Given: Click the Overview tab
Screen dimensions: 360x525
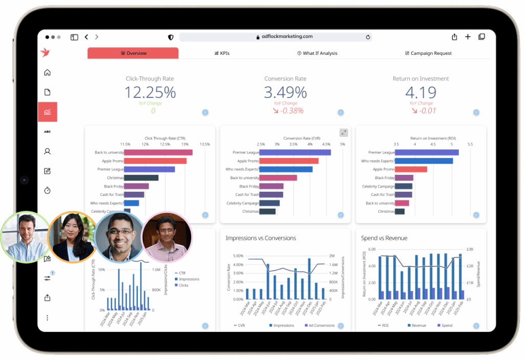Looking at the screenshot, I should coord(133,53).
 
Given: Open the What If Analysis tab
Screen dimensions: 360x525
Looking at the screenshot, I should coord(317,53).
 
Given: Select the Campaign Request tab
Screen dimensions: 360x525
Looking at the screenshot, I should coord(428,53).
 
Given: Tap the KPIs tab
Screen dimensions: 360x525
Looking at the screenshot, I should coord(221,53).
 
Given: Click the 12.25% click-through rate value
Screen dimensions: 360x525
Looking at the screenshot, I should coord(150,92).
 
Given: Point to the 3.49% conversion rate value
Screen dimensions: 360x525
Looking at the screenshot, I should coord(285,92).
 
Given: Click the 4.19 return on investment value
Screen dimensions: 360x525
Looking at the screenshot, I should coord(421,92).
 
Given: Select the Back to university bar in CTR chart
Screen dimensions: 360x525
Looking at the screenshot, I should coord(158,152).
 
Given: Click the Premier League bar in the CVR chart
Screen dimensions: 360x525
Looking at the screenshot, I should coord(295,152).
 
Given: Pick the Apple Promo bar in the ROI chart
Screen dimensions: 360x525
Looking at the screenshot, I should coord(411,169).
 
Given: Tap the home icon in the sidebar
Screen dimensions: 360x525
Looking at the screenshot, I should coord(47,72).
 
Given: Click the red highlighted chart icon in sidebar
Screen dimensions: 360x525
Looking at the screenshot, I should coord(47,112).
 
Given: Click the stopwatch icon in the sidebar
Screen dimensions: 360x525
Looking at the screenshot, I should coord(47,190).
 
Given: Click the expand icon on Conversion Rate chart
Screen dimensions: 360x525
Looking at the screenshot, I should coord(344,132).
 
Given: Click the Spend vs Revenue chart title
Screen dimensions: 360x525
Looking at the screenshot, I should coord(384,238).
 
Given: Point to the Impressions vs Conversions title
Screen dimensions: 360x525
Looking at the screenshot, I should coord(260,238).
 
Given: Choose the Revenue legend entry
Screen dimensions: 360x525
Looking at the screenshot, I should coord(417,325).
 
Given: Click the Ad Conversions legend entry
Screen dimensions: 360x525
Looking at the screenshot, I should coord(320,325).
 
